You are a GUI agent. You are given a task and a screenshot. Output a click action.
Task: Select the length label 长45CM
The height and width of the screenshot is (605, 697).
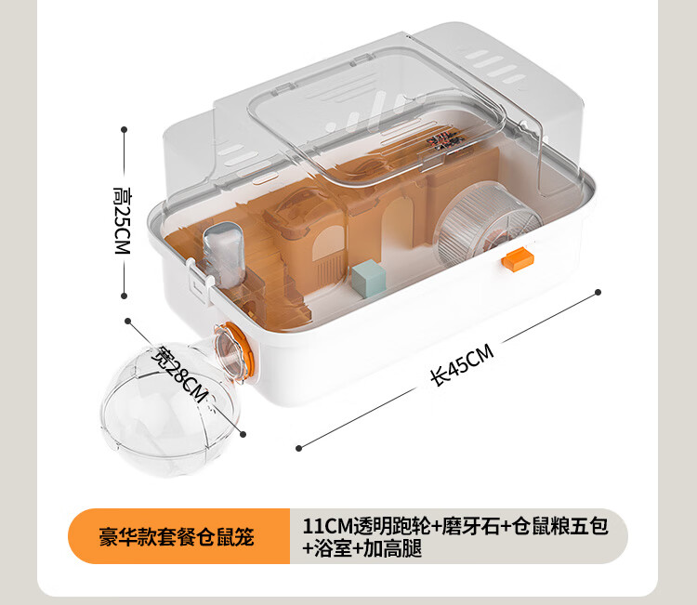pos(462,365)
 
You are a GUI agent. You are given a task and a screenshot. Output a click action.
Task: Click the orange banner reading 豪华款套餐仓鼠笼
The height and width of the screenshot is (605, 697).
pos(177,536)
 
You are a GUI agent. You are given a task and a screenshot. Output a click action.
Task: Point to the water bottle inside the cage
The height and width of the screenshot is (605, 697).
pos(224,250)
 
